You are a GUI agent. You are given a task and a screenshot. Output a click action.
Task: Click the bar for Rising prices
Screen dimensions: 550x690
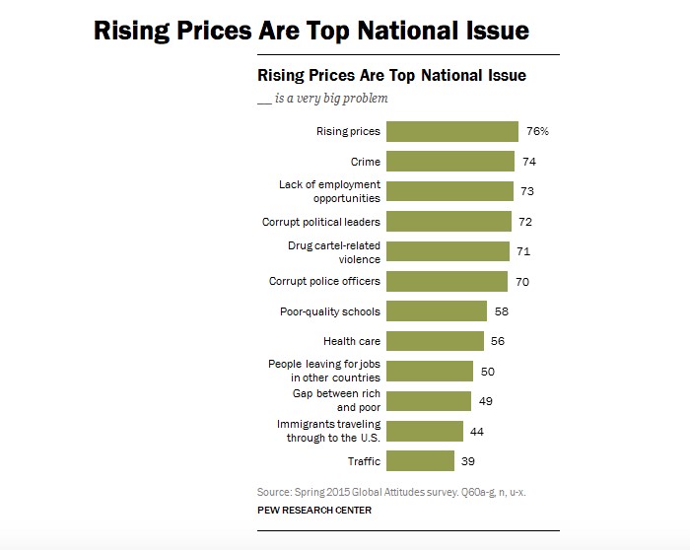[451, 132]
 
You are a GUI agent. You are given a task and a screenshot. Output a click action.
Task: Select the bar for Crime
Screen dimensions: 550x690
[449, 162]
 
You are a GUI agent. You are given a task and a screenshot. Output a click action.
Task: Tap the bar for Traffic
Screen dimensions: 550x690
[420, 460]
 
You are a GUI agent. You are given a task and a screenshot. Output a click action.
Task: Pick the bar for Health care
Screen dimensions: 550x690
[435, 341]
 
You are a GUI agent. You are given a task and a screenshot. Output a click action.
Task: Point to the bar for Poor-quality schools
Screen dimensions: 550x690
[437, 311]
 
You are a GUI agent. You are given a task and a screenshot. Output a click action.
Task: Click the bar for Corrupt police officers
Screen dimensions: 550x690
[447, 281]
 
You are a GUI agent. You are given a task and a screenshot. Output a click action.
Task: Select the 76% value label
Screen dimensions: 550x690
[536, 132]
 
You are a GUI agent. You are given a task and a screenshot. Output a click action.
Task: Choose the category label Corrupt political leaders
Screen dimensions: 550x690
[321, 222]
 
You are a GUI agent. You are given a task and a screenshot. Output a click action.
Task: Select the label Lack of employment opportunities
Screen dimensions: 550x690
[329, 191]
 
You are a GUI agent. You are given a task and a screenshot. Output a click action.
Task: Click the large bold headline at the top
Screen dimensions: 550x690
[310, 31]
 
